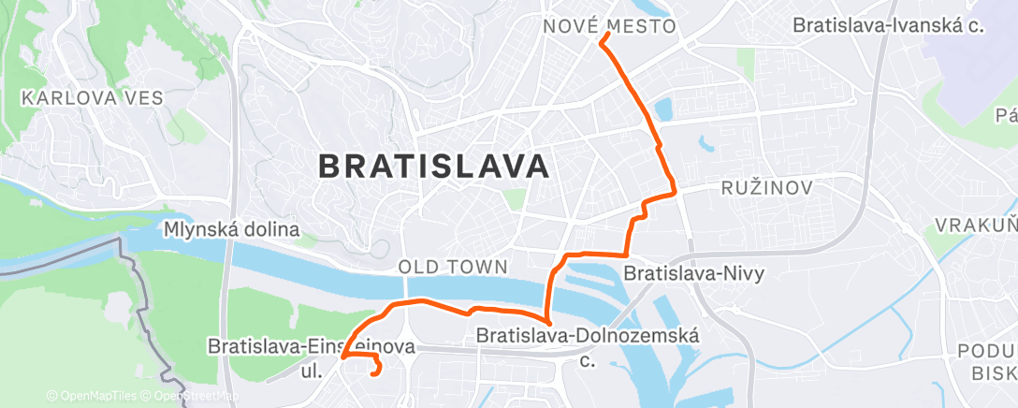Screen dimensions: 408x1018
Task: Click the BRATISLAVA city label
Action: click(433, 167)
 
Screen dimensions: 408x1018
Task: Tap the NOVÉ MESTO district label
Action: click(609, 26)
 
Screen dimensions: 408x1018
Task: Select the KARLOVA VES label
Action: click(93, 97)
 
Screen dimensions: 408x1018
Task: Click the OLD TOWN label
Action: click(453, 267)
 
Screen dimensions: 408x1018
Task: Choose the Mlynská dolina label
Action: click(231, 229)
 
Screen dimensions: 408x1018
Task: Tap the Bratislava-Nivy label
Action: click(694, 274)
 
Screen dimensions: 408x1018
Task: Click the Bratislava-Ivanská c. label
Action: click(888, 26)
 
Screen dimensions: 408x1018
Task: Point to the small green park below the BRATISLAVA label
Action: click(514, 199)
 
